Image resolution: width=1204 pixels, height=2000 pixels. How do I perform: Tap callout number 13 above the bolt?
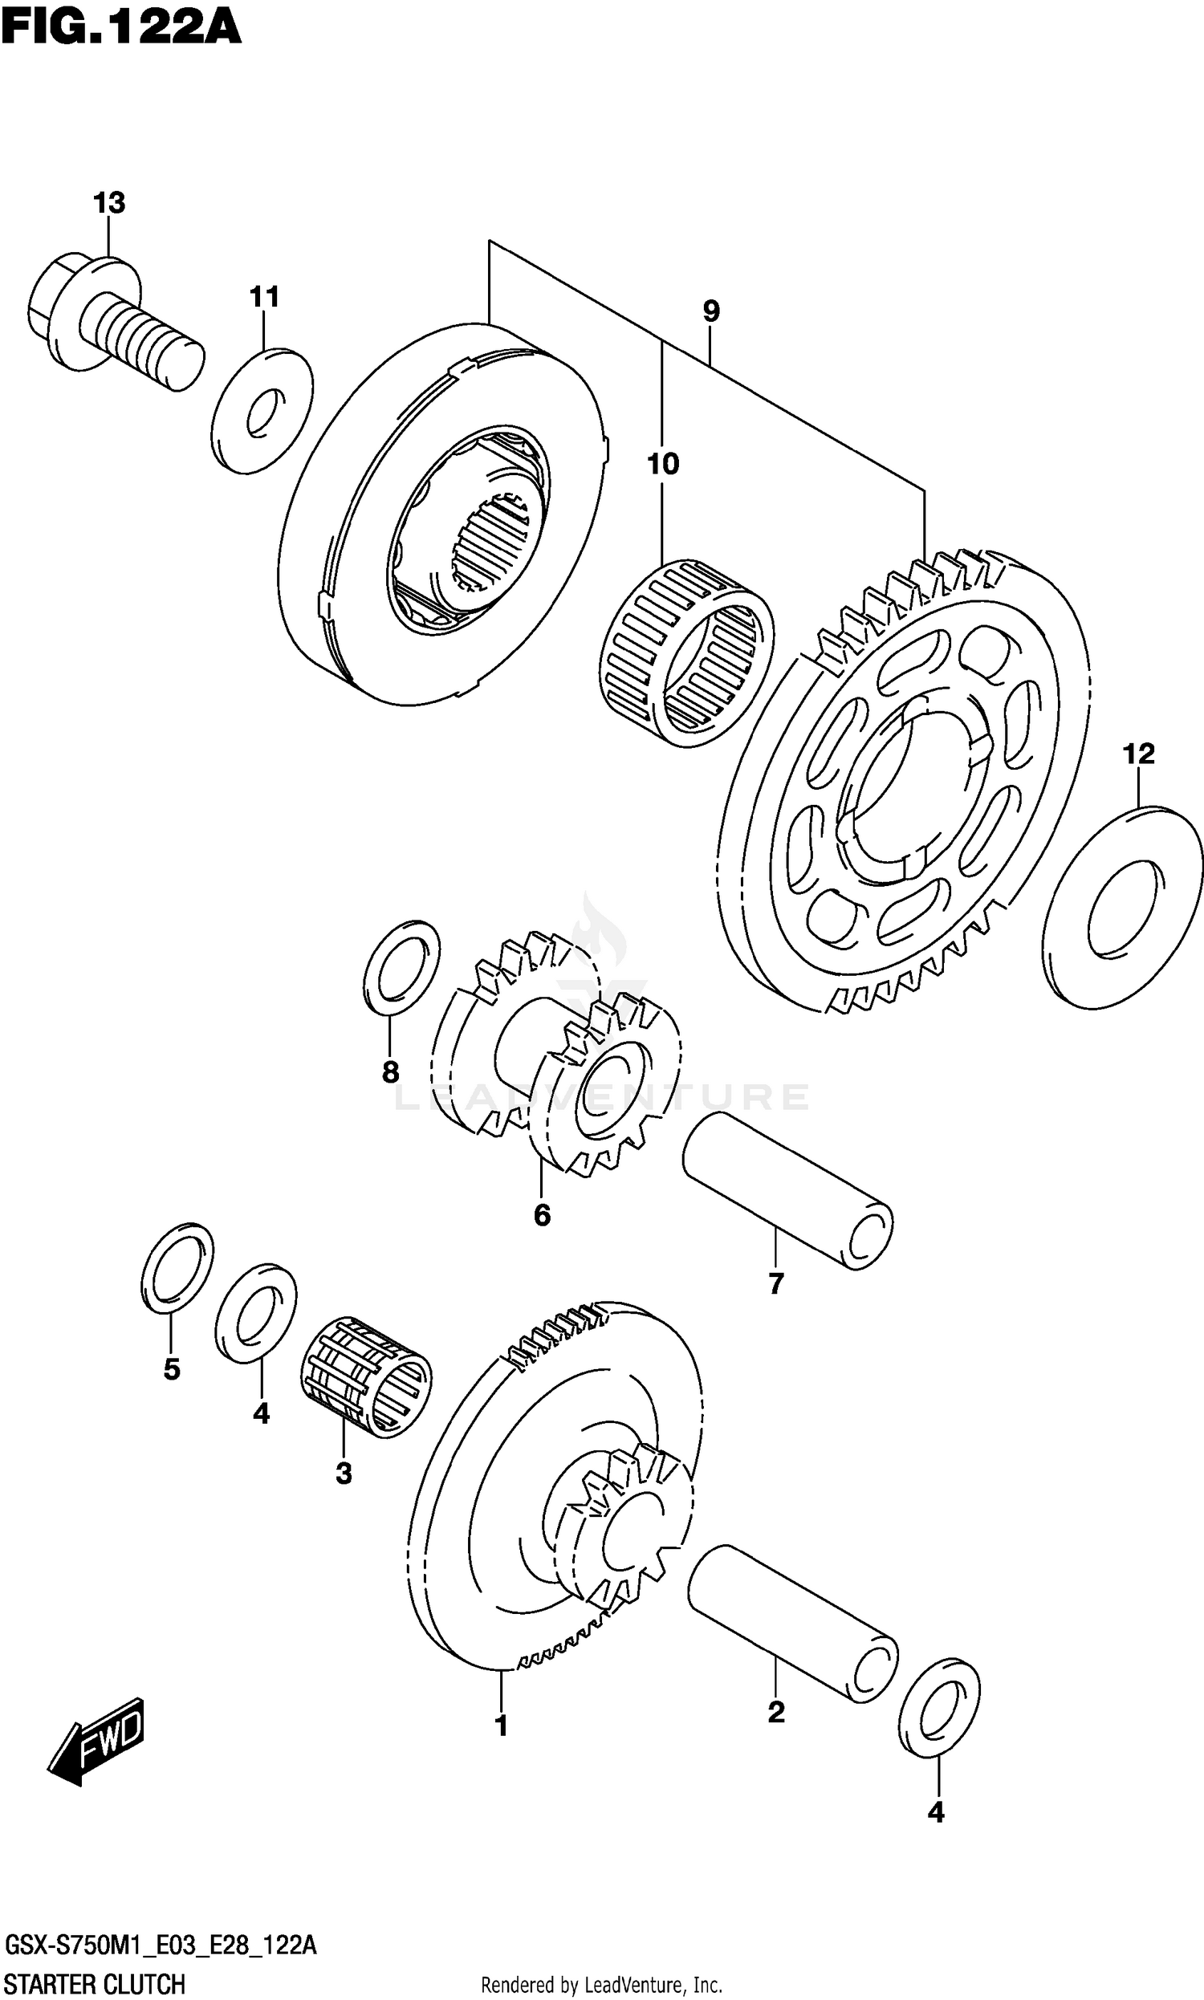(x=109, y=202)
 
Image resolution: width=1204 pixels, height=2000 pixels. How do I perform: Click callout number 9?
(x=710, y=311)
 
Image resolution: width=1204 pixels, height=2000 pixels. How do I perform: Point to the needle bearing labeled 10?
(x=686, y=652)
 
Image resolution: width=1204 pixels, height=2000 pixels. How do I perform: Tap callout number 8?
(x=390, y=1072)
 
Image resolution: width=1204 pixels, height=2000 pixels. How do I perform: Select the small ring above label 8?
(x=401, y=968)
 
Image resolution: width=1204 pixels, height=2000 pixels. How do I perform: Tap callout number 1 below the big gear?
(x=502, y=1725)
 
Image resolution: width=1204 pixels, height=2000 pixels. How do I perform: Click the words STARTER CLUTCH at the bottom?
(x=95, y=1985)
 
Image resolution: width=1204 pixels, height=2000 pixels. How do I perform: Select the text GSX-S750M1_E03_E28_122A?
(x=161, y=1945)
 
